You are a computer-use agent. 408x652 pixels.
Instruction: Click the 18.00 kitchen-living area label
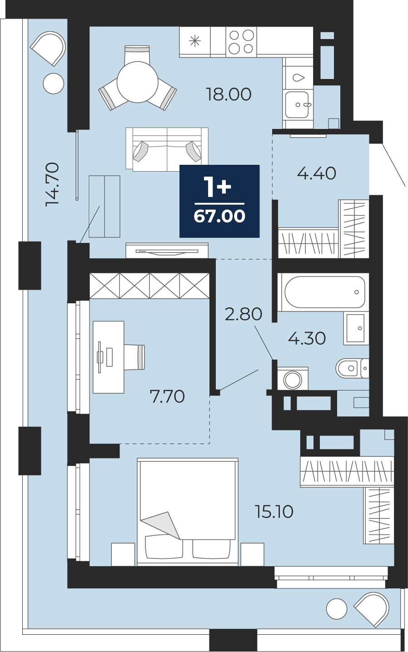point(229,94)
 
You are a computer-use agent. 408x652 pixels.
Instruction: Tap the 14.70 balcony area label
point(53,184)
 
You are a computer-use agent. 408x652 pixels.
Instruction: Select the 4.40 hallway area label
point(317,173)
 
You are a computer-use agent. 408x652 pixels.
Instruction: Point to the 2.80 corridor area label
point(244,314)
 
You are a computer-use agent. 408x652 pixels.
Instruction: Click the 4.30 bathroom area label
point(307,339)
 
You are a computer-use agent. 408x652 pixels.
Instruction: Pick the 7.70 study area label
point(167,396)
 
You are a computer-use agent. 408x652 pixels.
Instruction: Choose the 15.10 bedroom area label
point(274,512)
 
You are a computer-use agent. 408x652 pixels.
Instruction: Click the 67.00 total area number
point(219,216)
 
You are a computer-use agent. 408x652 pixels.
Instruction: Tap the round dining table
point(138,82)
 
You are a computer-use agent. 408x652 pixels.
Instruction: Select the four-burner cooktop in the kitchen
point(241,42)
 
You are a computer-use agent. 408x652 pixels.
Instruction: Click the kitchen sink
point(297,105)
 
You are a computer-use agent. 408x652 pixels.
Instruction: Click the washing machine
point(293,378)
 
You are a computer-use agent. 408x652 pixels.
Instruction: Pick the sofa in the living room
point(167,149)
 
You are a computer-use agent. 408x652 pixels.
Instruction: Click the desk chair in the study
point(134,357)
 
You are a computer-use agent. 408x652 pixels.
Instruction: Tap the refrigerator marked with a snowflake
point(194,42)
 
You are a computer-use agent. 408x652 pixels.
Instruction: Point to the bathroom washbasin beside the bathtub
point(356,328)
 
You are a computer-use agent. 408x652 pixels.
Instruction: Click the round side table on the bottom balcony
point(337,609)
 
